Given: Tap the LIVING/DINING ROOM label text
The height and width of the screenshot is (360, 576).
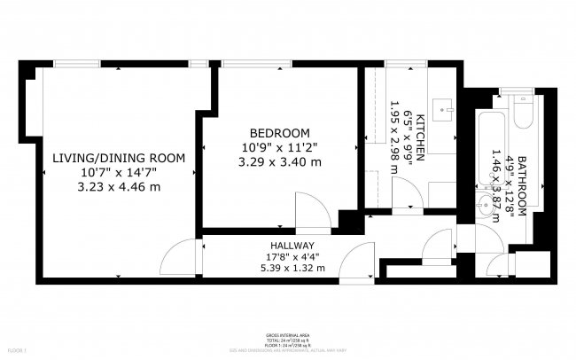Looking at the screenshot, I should coord(119,158).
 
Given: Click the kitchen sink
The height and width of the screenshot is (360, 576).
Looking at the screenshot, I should coord(443,111).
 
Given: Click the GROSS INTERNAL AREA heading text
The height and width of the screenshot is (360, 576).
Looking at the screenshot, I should coord(288,335).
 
